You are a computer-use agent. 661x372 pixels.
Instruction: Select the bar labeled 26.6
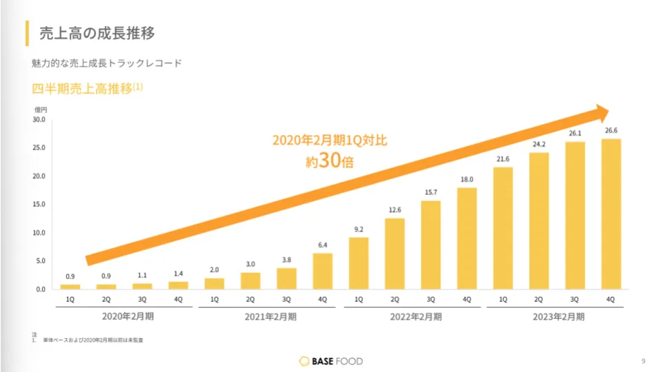(x=611, y=214)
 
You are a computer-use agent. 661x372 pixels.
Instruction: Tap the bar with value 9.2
(x=359, y=263)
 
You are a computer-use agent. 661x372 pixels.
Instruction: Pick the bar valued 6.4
(x=323, y=271)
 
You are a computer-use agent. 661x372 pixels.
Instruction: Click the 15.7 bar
(x=431, y=245)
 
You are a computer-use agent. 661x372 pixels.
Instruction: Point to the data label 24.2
(x=539, y=144)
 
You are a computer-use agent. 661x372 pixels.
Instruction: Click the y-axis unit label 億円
(x=41, y=109)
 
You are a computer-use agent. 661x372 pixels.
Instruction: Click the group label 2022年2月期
(x=413, y=317)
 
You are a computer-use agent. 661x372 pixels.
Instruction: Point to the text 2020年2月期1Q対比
(x=330, y=141)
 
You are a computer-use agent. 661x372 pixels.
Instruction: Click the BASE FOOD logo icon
(x=305, y=361)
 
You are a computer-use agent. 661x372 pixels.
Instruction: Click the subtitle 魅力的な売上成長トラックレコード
(x=107, y=63)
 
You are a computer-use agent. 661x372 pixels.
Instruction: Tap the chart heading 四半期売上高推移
(x=82, y=89)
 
